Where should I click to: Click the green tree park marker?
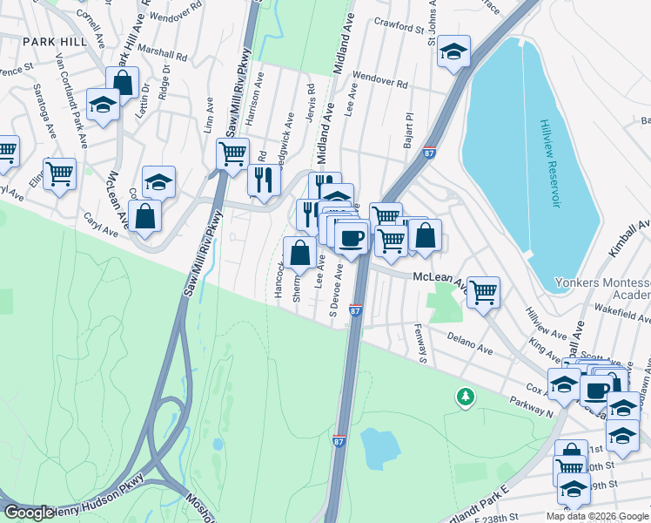[x=466, y=397]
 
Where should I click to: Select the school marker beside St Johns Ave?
[x=453, y=51]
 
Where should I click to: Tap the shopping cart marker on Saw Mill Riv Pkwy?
[x=232, y=154]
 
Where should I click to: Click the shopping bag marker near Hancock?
[x=299, y=253]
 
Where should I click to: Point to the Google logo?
[x=29, y=513]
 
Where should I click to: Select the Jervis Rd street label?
[x=310, y=102]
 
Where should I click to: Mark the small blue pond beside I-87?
[x=380, y=447]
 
